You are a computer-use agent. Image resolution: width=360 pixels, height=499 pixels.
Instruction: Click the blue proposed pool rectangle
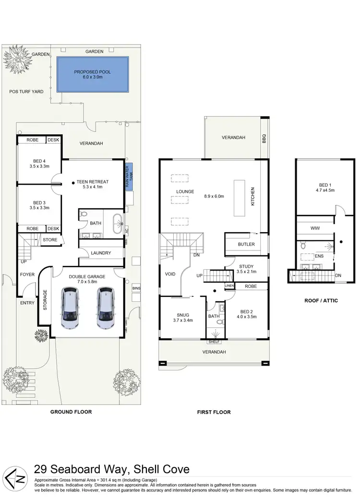(x=93, y=74)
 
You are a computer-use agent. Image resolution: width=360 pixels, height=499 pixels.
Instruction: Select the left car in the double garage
(x=71, y=308)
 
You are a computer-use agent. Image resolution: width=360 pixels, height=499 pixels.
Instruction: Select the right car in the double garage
(x=106, y=308)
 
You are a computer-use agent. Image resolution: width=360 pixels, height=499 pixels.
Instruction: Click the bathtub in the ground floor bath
(x=117, y=224)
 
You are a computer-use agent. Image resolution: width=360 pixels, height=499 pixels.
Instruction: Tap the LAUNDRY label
(x=101, y=253)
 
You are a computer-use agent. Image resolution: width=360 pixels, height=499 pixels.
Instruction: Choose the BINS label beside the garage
(x=136, y=288)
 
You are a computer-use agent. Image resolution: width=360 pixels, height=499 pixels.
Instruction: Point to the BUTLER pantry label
(x=246, y=244)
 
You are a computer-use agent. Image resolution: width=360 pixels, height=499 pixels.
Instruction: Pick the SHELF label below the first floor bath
(x=214, y=342)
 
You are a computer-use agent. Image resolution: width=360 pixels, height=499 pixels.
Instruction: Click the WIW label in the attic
(x=315, y=228)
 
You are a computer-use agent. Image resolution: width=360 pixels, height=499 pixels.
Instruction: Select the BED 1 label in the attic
(x=324, y=185)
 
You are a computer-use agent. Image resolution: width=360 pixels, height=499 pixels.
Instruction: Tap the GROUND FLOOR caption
(x=71, y=412)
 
